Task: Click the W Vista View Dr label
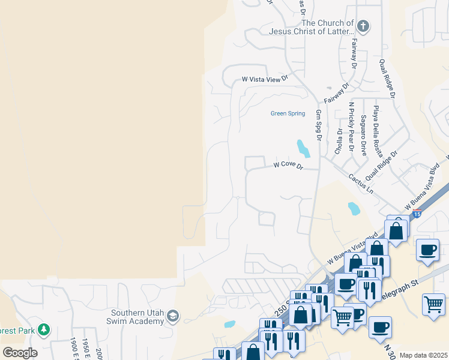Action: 265,79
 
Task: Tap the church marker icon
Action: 363,26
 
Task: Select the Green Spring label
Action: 288,113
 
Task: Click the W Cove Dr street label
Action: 287,164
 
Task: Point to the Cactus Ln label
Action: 361,183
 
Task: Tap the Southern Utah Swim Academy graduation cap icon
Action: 173,316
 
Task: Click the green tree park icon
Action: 43,329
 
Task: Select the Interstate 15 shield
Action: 417,214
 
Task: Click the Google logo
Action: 20,352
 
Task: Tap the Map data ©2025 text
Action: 423,355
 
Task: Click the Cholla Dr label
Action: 340,141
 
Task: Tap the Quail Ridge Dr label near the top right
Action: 387,78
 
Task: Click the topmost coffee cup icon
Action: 427,250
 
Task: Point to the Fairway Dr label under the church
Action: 354,52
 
